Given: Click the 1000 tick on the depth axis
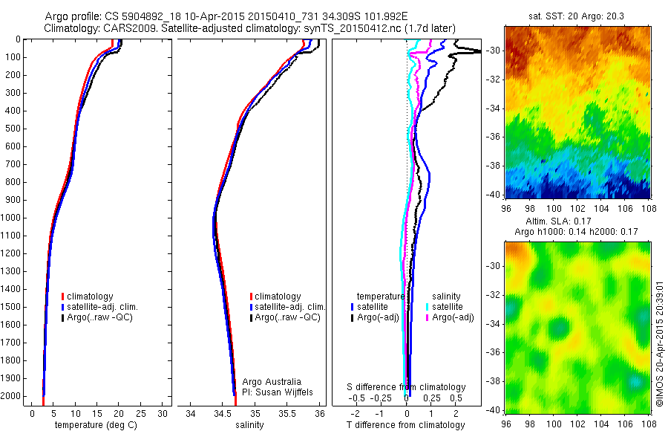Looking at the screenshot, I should pyautogui.click(x=14, y=218).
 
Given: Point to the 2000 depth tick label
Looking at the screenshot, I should pyautogui.click(x=14, y=396).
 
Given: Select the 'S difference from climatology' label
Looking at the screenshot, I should pyautogui.click(x=407, y=387).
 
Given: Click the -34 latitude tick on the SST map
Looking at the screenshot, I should pyautogui.click(x=495, y=108).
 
